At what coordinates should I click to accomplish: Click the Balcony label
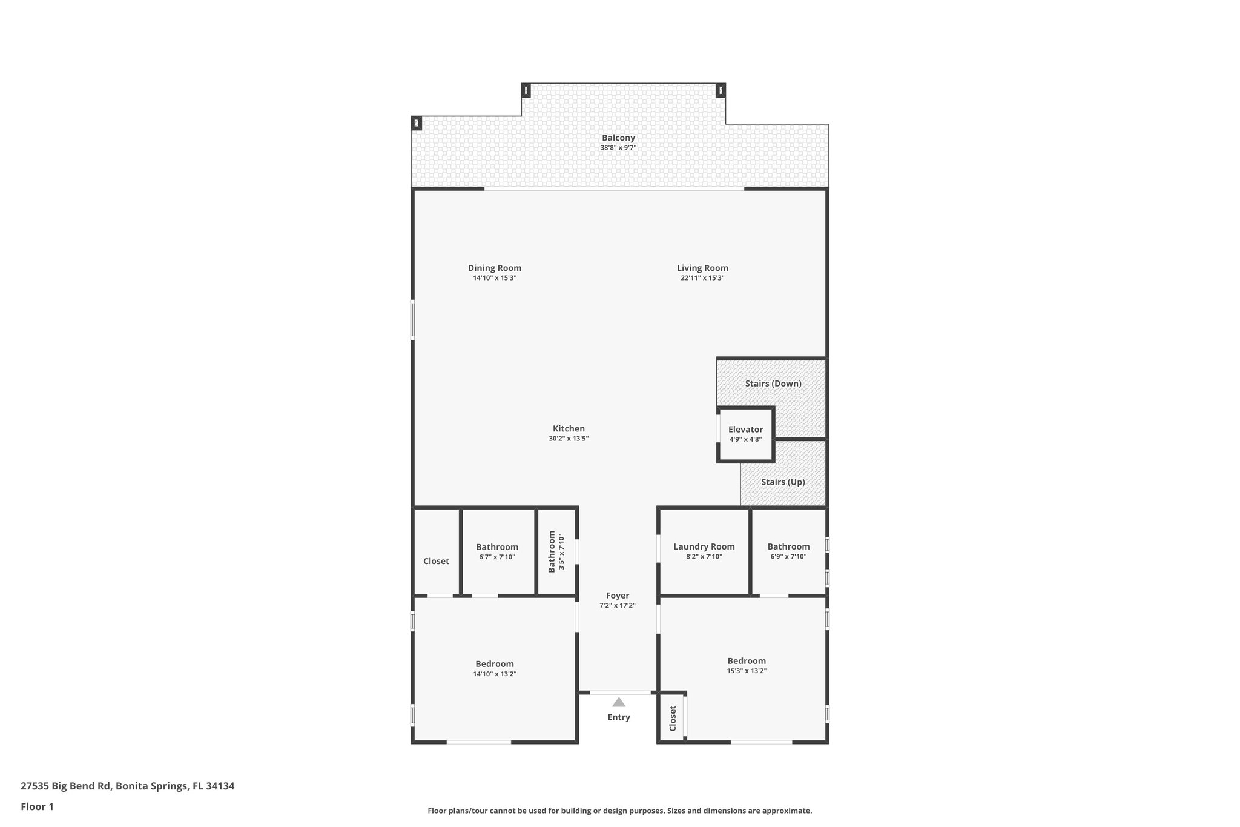(x=618, y=138)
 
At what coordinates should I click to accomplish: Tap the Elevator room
(x=745, y=434)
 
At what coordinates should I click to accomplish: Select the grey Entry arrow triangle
(x=618, y=702)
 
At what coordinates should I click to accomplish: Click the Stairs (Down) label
(x=773, y=384)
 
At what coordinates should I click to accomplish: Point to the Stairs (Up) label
(x=783, y=482)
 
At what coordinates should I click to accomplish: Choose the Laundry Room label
(x=704, y=546)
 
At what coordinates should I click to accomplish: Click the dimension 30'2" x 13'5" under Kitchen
(x=569, y=439)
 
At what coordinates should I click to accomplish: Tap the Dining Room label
(x=494, y=268)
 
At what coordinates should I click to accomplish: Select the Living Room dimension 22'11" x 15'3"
(x=702, y=278)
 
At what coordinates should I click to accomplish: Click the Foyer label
(x=618, y=596)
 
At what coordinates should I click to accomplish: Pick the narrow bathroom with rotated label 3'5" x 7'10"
(x=556, y=551)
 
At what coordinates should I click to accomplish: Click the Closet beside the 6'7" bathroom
(x=436, y=561)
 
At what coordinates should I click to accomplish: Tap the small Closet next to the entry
(x=673, y=718)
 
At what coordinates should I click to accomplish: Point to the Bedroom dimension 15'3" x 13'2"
(x=747, y=671)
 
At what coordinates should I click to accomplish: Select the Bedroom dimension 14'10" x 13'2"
(x=494, y=674)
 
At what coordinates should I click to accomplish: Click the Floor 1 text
(x=38, y=806)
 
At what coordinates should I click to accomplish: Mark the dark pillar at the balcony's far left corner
(x=417, y=123)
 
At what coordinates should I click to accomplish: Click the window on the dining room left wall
(x=413, y=319)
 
